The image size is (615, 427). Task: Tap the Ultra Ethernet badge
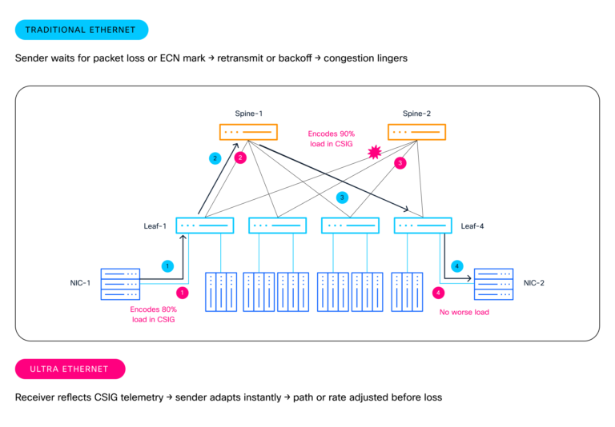click(x=70, y=369)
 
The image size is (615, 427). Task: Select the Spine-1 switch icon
click(x=248, y=132)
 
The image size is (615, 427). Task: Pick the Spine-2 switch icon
click(x=416, y=132)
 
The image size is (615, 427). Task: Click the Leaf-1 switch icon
click(x=204, y=225)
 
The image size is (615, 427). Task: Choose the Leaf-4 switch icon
click(x=423, y=225)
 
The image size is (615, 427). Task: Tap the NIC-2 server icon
click(x=494, y=284)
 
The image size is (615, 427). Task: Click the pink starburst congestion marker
click(x=373, y=152)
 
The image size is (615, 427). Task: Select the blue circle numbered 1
click(x=167, y=265)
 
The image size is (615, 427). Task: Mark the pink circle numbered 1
click(x=183, y=293)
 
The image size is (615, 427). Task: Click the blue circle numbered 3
click(x=342, y=198)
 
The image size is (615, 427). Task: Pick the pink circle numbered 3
click(x=400, y=163)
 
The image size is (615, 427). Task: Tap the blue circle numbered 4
click(x=457, y=265)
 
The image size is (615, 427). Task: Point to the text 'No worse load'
click(x=464, y=312)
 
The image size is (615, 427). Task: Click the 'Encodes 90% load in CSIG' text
click(x=331, y=138)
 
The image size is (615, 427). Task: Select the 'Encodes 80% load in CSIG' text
click(x=153, y=313)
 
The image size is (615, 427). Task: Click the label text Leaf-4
click(x=472, y=226)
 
